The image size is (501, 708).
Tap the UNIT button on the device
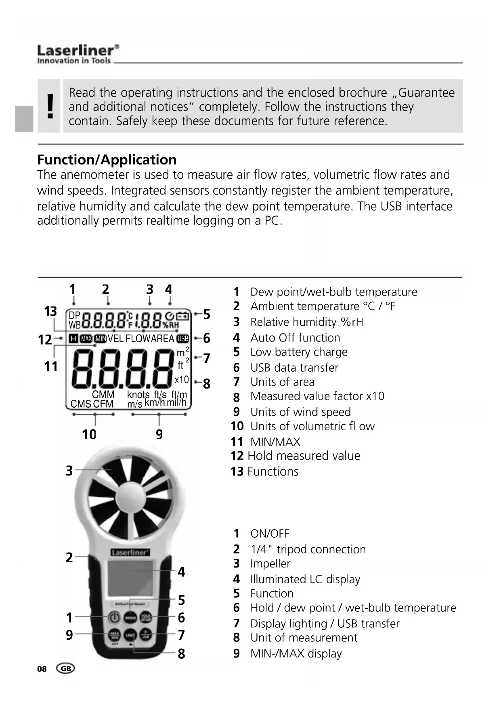click(130, 635)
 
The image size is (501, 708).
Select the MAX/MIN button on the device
click(115, 635)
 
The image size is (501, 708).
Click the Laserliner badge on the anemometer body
click(130, 553)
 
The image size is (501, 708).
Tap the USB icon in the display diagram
click(183, 339)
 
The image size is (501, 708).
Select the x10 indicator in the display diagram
click(182, 380)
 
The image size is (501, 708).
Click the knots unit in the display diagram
click(138, 394)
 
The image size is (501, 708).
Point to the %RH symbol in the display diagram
click(171, 325)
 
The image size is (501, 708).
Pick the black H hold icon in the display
click(73, 339)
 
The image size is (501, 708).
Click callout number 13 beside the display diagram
click(50, 312)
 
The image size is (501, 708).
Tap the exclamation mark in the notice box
click(50, 106)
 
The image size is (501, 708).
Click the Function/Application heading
click(107, 160)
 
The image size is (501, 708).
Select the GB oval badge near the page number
click(66, 669)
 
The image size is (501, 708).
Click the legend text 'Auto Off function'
click(295, 338)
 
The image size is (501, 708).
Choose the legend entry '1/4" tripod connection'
click(308, 549)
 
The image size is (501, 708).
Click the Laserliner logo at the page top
click(78, 54)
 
